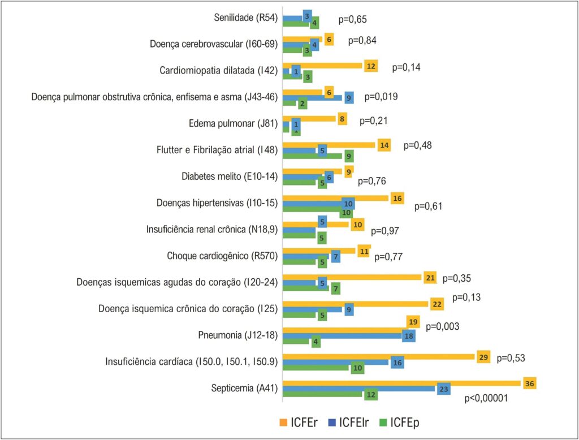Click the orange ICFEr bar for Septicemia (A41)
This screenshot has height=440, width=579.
click(403, 383)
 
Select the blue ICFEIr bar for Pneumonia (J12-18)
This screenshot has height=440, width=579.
click(343, 336)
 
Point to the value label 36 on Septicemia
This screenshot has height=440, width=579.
click(529, 383)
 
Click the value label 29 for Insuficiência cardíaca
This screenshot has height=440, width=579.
click(483, 357)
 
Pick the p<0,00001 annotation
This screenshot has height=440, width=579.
click(486, 398)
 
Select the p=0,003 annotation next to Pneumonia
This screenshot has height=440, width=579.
click(442, 326)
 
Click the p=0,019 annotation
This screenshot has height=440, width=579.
click(381, 97)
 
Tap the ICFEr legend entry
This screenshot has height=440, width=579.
click(299, 422)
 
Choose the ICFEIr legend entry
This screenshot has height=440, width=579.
click(348, 422)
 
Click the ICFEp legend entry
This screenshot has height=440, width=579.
click(400, 422)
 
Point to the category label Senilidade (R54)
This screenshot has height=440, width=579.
click(245, 18)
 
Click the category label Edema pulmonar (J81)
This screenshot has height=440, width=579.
click(233, 123)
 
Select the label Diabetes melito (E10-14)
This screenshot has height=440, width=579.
click(230, 176)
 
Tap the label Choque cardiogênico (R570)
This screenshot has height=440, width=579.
click(222, 256)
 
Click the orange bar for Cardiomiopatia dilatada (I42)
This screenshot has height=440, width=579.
click(322, 66)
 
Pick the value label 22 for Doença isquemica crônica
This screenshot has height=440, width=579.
click(437, 304)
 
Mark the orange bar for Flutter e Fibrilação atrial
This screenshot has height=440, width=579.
click(329, 145)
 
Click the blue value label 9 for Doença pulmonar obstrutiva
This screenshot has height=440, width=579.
click(348, 98)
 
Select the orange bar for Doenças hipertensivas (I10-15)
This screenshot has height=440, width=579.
click(336, 198)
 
